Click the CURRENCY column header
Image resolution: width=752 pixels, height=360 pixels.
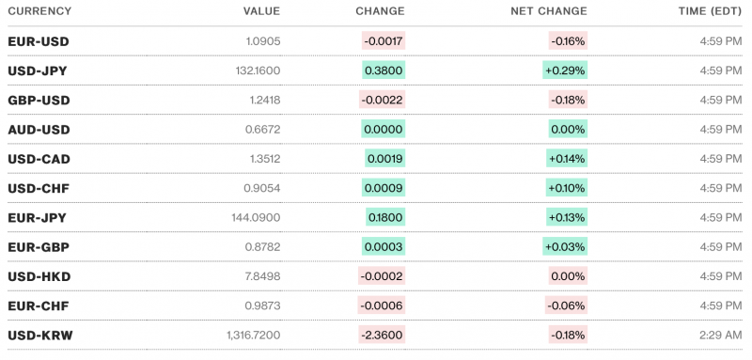39,11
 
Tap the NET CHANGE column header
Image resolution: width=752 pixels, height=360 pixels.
549,11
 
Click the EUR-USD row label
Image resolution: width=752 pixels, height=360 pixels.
38,41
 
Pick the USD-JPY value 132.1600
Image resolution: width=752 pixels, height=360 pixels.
254,70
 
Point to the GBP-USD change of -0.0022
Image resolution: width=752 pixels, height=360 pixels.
383,100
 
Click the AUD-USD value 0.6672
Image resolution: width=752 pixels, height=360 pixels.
260,129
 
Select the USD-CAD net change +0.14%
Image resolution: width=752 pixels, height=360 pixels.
566,159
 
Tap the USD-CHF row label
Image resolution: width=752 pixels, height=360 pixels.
38,188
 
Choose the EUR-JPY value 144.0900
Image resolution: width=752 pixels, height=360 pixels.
254,217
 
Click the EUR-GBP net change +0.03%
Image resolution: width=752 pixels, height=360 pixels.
566,246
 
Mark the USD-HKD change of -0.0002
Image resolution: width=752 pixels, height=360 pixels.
383,276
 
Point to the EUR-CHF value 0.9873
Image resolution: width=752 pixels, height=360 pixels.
260,305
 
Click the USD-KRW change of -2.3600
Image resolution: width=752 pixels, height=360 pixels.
383,335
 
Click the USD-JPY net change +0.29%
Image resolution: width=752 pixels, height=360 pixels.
566,70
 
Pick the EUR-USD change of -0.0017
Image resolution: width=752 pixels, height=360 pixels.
383,41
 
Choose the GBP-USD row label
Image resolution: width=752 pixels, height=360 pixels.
38,100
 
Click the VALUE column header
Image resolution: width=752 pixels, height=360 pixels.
261,11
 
